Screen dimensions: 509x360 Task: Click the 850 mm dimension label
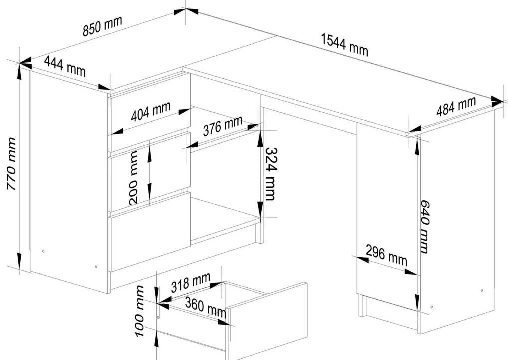(102, 25)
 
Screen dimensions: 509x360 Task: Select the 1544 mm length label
(345, 45)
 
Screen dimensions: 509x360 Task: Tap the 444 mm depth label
(65, 66)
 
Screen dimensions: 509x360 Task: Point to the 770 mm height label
(11, 164)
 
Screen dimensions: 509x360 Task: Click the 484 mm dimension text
(456, 106)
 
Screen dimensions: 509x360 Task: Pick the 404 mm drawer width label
(151, 111)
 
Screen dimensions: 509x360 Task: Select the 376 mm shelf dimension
(223, 126)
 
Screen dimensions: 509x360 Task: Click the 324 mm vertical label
(271, 174)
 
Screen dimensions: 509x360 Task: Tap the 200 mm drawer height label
(134, 178)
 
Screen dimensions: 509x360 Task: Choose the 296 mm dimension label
(386, 255)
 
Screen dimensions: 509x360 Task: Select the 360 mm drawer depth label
(206, 307)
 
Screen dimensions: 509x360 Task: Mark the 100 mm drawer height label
(140, 311)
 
